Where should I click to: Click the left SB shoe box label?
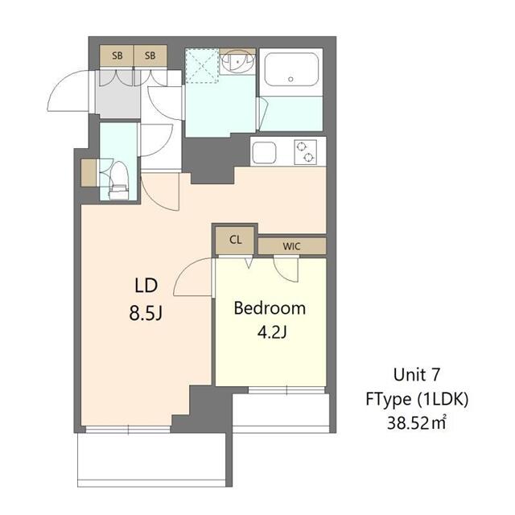117,56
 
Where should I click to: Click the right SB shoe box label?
150,56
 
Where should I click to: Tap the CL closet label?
235,239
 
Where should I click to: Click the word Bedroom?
270,307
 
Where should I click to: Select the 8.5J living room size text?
148,312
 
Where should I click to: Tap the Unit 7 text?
418,374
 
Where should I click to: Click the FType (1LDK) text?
418,398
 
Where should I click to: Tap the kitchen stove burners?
305,151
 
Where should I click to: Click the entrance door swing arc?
68,95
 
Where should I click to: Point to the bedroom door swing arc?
192,278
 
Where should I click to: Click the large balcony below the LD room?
153,460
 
